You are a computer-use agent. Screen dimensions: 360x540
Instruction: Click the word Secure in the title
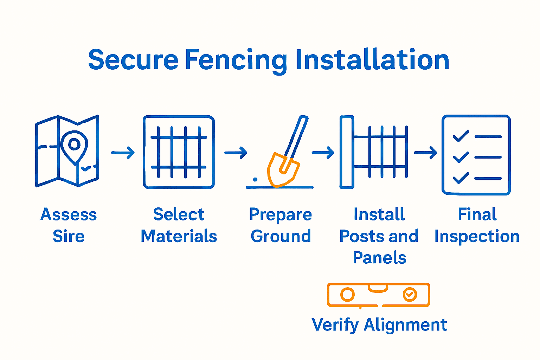[133, 60]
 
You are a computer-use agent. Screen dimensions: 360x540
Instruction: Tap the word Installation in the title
[372, 60]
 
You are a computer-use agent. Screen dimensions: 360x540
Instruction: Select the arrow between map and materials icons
[123, 153]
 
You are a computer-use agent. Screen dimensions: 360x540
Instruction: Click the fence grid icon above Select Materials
[179, 152]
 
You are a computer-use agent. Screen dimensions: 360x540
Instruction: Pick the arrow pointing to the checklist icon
[425, 153]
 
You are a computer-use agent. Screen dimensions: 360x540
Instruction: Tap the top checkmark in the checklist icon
[461, 136]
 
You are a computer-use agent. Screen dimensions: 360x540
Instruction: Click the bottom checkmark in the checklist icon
[461, 178]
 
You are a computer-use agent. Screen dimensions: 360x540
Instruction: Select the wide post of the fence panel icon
[347, 152]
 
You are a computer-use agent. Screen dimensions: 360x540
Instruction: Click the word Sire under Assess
[69, 236]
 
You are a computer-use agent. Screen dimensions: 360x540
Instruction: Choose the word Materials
[179, 236]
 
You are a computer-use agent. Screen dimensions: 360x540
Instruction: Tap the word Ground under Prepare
[281, 236]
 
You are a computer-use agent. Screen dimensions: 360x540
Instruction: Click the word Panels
[379, 258]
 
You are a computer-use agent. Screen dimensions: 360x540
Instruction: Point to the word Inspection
[477, 236]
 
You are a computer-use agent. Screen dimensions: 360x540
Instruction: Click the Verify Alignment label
[379, 324]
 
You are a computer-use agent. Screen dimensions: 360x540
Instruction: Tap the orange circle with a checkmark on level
[410, 294]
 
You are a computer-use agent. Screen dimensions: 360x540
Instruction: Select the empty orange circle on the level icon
[347, 295]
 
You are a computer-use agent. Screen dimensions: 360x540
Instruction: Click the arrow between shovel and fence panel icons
[323, 153]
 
